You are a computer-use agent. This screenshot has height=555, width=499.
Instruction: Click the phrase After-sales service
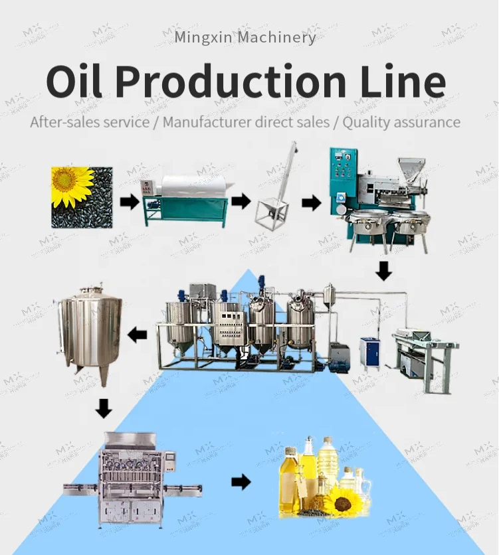click(x=90, y=122)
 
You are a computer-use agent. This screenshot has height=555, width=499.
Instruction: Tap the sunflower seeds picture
click(x=82, y=197)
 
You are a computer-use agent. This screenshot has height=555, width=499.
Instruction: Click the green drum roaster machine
click(x=185, y=198)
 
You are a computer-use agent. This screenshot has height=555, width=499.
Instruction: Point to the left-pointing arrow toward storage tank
click(x=138, y=335)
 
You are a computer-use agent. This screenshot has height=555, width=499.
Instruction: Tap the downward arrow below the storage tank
click(x=103, y=408)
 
